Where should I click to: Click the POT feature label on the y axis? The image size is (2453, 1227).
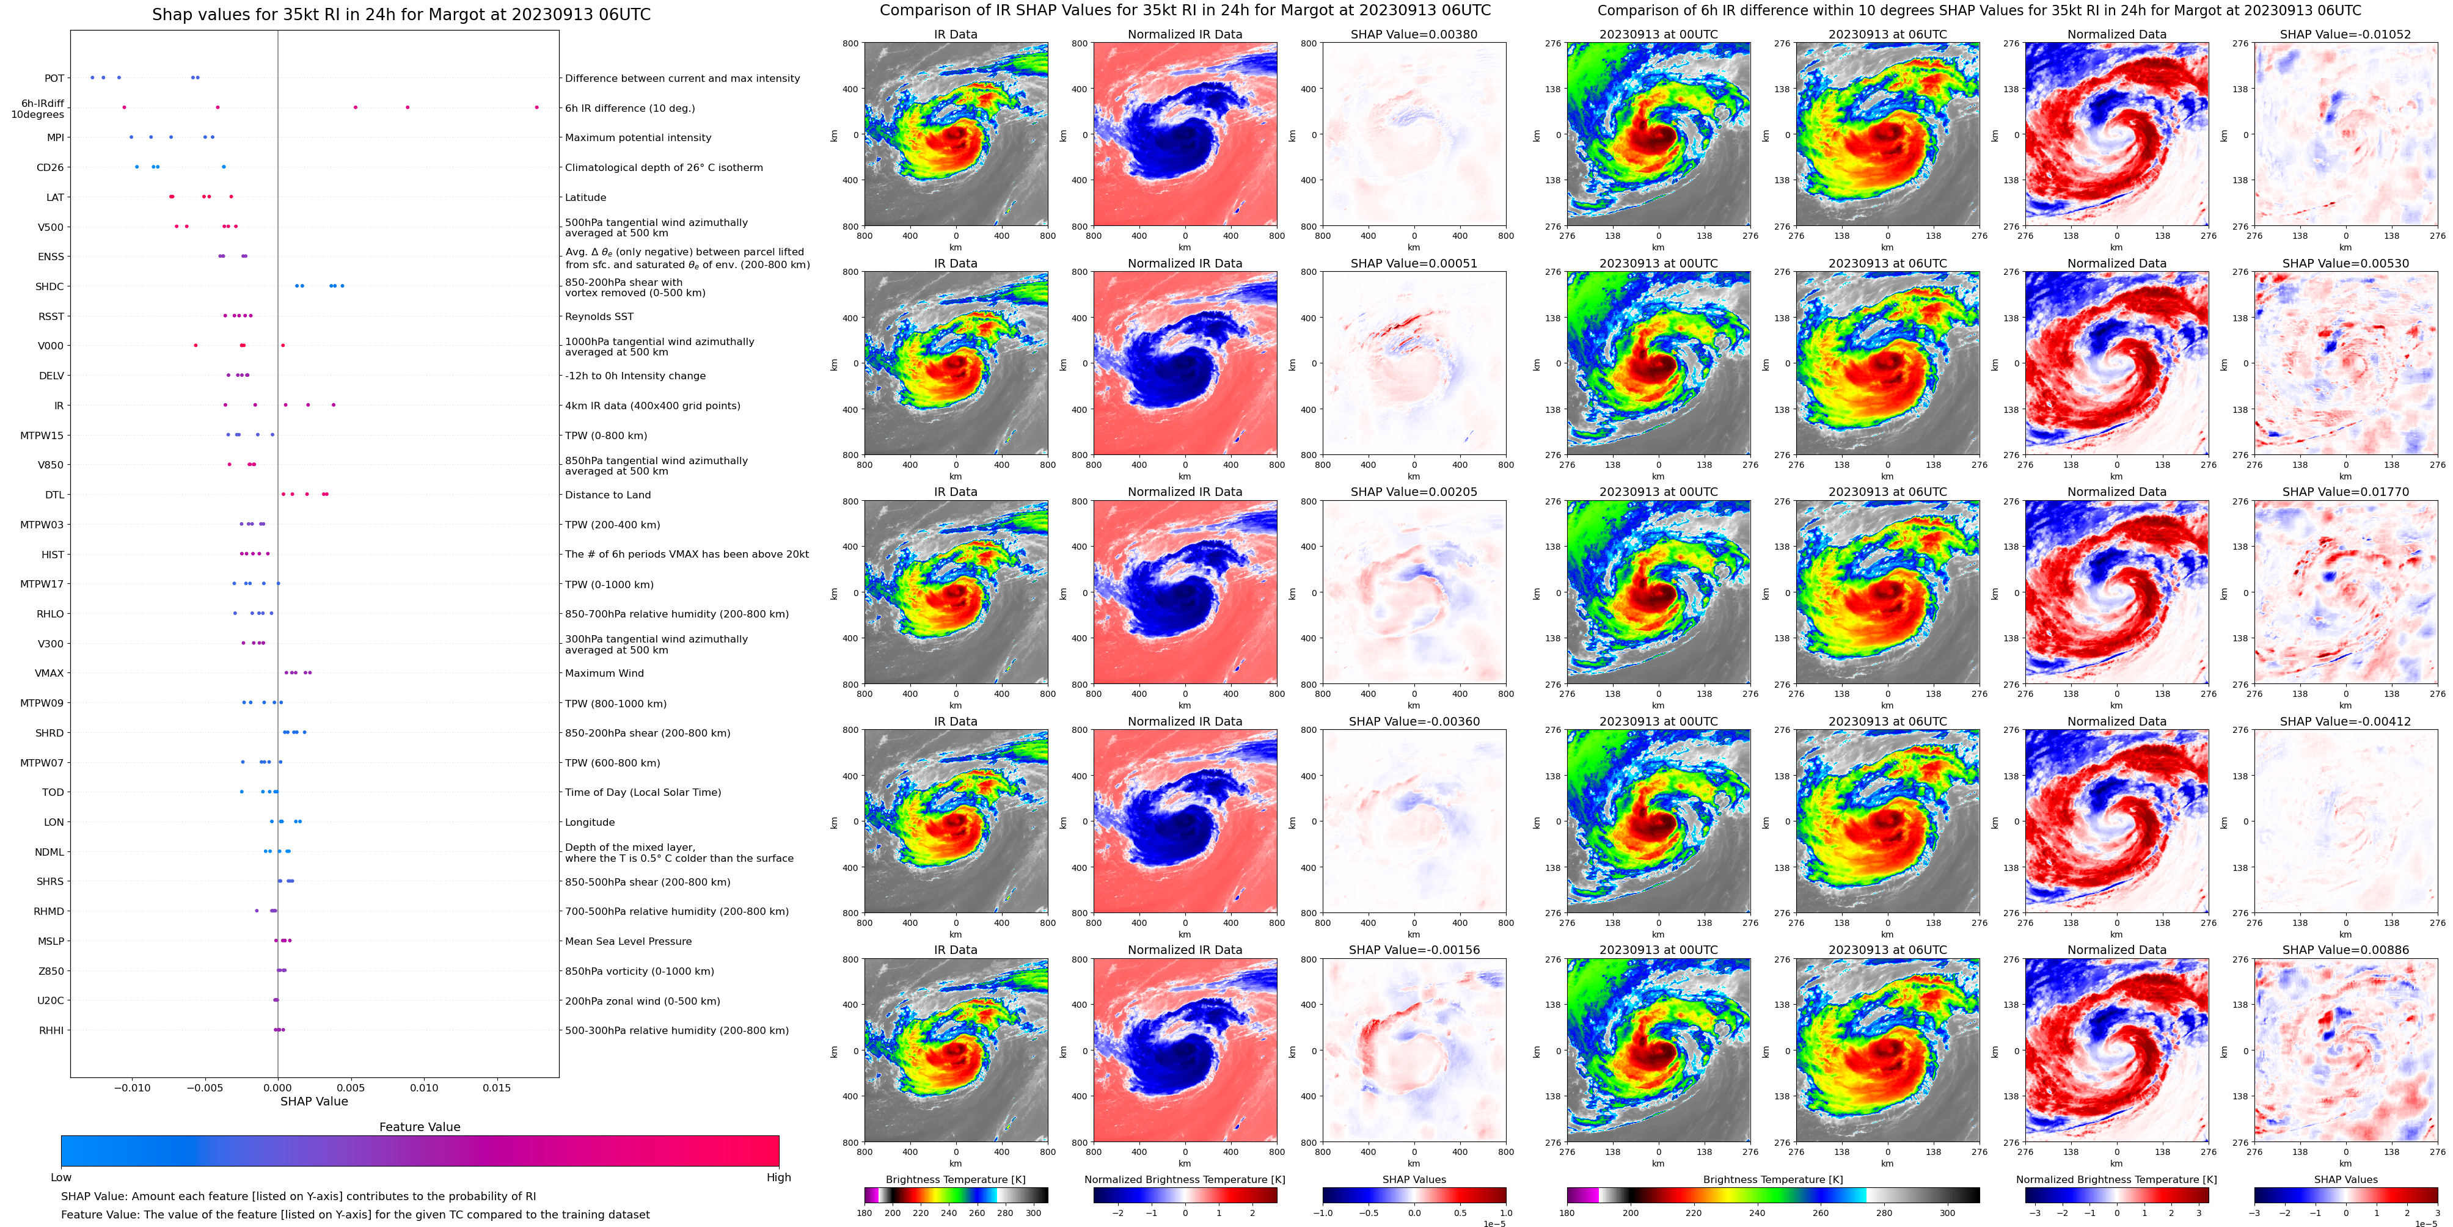point(54,78)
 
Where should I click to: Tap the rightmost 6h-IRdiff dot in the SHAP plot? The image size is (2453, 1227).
point(536,107)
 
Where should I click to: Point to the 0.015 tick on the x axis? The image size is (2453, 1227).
point(496,1087)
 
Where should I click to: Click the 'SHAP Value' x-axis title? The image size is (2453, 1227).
point(313,1101)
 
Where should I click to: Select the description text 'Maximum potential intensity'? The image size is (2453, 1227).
point(638,138)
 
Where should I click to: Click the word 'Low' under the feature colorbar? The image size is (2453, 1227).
point(61,1178)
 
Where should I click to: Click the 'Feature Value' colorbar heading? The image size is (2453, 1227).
point(419,1127)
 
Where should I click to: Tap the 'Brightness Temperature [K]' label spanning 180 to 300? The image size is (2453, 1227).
point(955,1179)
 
